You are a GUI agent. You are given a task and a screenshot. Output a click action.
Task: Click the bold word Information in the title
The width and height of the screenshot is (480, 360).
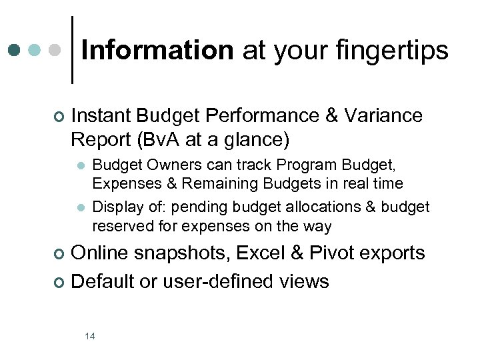click(x=157, y=50)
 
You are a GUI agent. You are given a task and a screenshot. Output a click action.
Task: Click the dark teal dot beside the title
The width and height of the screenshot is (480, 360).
click(x=15, y=50)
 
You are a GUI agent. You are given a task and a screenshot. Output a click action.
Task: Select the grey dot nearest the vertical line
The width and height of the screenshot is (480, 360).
click(x=56, y=50)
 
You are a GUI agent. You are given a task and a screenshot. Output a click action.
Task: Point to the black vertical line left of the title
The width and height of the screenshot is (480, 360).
click(x=72, y=50)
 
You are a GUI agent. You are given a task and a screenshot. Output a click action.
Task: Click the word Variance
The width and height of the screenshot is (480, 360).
click(x=384, y=115)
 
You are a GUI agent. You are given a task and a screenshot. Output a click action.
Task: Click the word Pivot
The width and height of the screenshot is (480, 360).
click(x=333, y=253)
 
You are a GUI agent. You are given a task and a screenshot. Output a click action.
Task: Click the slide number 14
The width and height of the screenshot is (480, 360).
click(x=90, y=336)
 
